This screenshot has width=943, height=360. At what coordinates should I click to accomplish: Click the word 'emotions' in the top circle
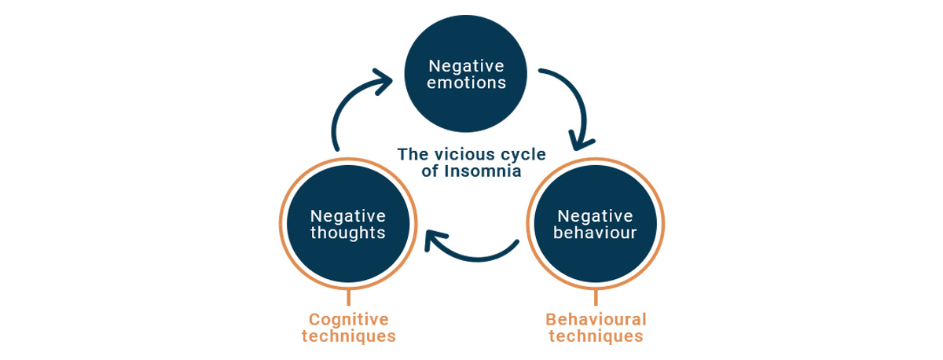(466, 83)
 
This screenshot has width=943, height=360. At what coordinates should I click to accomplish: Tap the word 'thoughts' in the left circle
(347, 233)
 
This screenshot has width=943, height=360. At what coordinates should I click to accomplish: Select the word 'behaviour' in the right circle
(595, 233)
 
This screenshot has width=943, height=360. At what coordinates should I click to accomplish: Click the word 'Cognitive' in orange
(349, 320)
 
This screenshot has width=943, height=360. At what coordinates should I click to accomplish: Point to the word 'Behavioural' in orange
(596, 320)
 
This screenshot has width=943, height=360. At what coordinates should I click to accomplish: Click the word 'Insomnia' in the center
(483, 171)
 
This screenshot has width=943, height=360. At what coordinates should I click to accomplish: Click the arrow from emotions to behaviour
(580, 99)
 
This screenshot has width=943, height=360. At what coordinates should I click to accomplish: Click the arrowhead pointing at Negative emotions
(384, 81)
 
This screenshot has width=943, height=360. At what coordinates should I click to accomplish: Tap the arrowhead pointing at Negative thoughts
(433, 240)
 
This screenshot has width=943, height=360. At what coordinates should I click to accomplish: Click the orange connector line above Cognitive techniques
(349, 297)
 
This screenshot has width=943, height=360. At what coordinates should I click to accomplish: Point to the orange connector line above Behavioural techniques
(596, 297)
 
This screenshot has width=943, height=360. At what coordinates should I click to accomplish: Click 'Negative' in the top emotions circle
(466, 66)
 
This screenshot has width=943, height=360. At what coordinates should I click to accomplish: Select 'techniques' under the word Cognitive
(349, 336)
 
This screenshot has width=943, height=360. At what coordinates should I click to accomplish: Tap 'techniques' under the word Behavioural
(596, 336)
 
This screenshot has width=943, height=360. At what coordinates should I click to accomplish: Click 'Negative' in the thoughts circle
(347, 216)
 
